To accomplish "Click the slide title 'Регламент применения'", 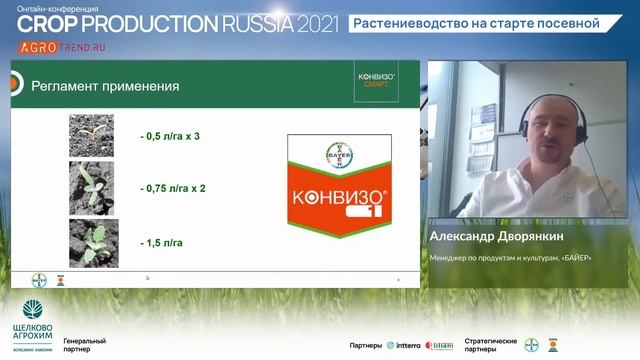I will [x=105, y=86].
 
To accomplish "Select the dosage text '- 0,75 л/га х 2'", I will [x=180, y=188].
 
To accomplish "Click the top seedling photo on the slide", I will [x=91, y=135].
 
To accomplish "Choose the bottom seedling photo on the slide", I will [x=91, y=242].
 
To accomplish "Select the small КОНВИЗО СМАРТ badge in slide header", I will [x=376, y=79].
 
